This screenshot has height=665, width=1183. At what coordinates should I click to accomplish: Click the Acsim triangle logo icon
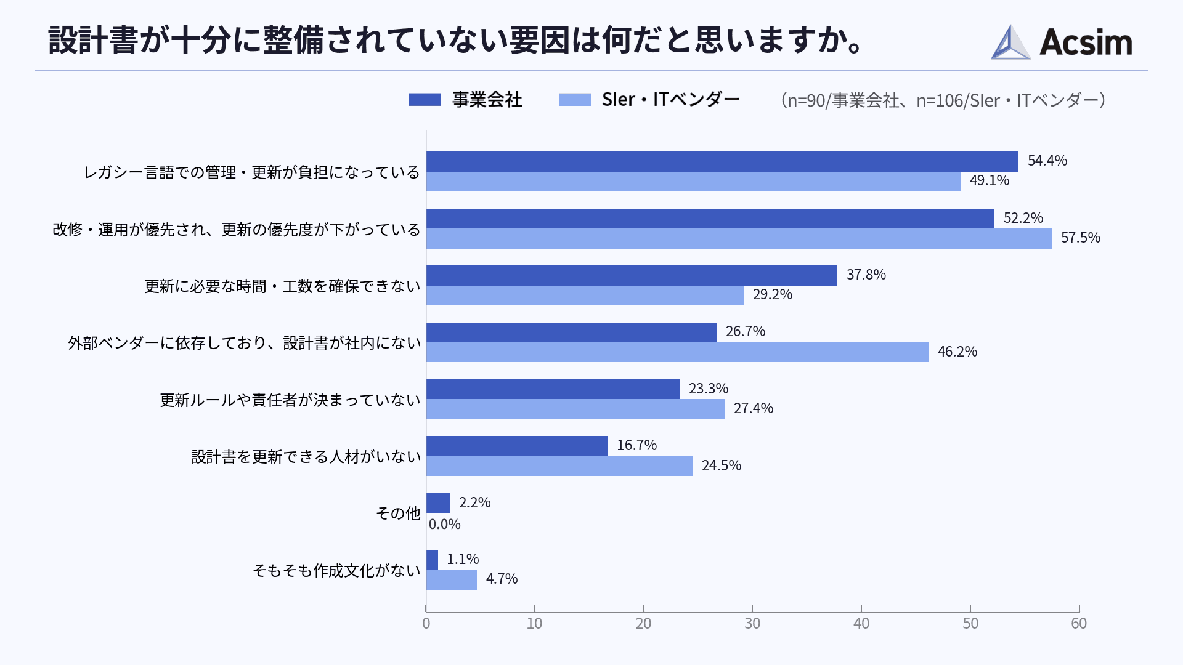(x=1010, y=42)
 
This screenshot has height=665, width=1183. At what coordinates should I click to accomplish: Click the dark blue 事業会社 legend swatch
(x=425, y=100)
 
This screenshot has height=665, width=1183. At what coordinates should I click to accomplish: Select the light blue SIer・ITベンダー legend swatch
(x=574, y=100)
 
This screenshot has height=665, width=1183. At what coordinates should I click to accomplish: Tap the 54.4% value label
(x=1047, y=161)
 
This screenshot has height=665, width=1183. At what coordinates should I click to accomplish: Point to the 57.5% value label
(x=1080, y=238)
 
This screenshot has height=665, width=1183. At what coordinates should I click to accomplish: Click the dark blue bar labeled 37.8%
(x=632, y=275)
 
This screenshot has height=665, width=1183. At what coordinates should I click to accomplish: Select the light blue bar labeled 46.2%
(x=677, y=352)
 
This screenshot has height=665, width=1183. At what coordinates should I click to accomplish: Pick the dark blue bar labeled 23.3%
(x=553, y=389)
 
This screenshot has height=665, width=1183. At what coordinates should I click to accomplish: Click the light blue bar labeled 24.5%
(x=559, y=466)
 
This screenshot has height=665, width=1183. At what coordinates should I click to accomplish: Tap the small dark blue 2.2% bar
(x=438, y=503)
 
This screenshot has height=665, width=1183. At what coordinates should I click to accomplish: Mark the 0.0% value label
(x=444, y=524)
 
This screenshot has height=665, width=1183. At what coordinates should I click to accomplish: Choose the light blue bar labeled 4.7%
(x=452, y=580)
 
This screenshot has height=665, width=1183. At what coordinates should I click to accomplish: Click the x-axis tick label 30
(x=752, y=624)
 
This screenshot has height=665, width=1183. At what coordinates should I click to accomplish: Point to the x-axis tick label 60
(x=1079, y=624)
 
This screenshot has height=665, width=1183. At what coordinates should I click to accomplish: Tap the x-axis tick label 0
(x=426, y=624)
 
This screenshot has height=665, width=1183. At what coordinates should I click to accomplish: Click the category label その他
(x=398, y=513)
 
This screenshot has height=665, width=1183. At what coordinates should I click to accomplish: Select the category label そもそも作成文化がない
(x=336, y=571)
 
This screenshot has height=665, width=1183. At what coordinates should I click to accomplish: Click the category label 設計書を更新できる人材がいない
(x=306, y=457)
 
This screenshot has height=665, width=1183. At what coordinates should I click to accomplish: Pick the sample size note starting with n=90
(x=943, y=100)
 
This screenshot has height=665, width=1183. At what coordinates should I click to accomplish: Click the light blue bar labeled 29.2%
(x=585, y=296)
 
